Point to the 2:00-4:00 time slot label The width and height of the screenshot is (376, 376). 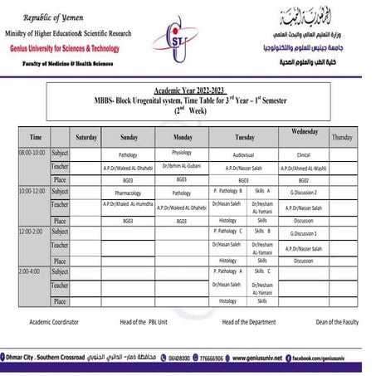click(x=30, y=271)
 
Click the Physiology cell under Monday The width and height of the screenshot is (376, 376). click(x=182, y=154)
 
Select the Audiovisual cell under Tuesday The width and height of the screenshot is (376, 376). click(x=243, y=154)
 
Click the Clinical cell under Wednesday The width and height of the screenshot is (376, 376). click(x=303, y=154)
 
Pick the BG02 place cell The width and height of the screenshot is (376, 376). click(x=304, y=179)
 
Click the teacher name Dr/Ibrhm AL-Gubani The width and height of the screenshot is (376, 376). click(x=182, y=167)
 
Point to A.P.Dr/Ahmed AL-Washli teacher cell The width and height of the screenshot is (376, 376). click(x=304, y=168)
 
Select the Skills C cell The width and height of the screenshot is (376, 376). click(x=262, y=271)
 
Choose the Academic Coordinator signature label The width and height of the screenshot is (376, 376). click(x=54, y=321)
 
